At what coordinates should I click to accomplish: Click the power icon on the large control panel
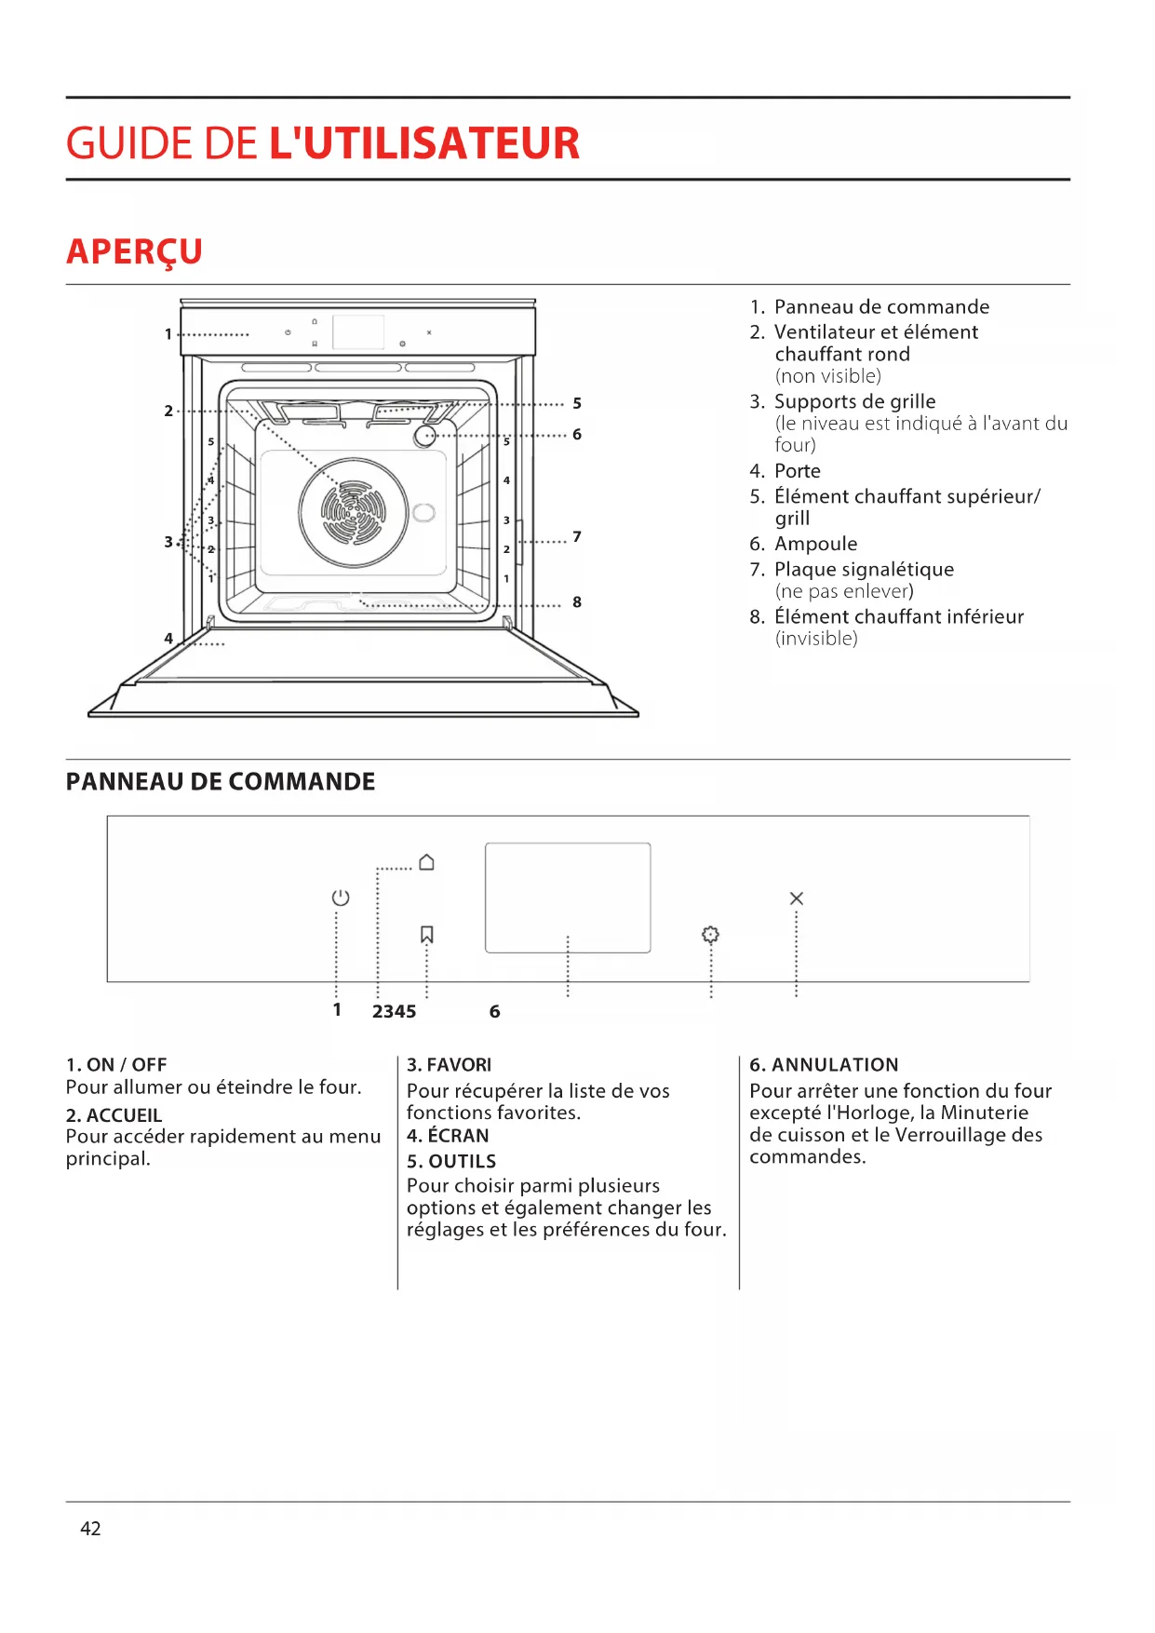tap(341, 897)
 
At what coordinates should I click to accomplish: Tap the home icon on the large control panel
tap(426, 862)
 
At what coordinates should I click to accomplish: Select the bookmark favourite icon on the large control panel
tap(427, 934)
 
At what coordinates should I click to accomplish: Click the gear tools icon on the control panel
tap(710, 935)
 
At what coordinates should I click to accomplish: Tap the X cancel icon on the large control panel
tap(796, 898)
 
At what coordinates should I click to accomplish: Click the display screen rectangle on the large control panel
tap(568, 897)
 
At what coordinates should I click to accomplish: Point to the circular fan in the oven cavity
tap(354, 513)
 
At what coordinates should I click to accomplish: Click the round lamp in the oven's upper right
tap(425, 436)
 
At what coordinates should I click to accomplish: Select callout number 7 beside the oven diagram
tap(577, 536)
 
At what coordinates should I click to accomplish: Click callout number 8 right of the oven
tap(577, 602)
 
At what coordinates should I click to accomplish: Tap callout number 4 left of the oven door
tap(168, 639)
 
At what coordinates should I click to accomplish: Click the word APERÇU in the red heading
tap(135, 251)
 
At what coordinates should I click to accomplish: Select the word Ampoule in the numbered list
tap(816, 544)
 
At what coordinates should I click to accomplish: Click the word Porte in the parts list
tap(798, 471)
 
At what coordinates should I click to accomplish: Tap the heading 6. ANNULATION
tap(824, 1064)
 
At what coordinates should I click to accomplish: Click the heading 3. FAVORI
tap(449, 1064)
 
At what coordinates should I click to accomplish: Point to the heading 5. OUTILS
tap(451, 1161)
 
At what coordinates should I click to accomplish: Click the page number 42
tap(90, 1528)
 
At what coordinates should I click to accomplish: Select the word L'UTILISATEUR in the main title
tap(424, 143)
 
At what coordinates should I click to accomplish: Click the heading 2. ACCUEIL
tap(114, 1114)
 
